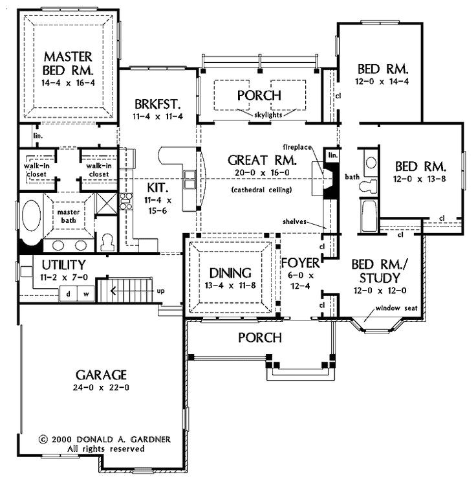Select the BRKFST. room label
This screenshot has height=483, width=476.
[157, 104]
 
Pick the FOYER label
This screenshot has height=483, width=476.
[301, 264]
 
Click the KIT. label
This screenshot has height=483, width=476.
[158, 188]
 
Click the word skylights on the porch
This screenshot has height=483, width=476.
[260, 113]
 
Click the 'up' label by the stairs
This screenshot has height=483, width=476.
[160, 291]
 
